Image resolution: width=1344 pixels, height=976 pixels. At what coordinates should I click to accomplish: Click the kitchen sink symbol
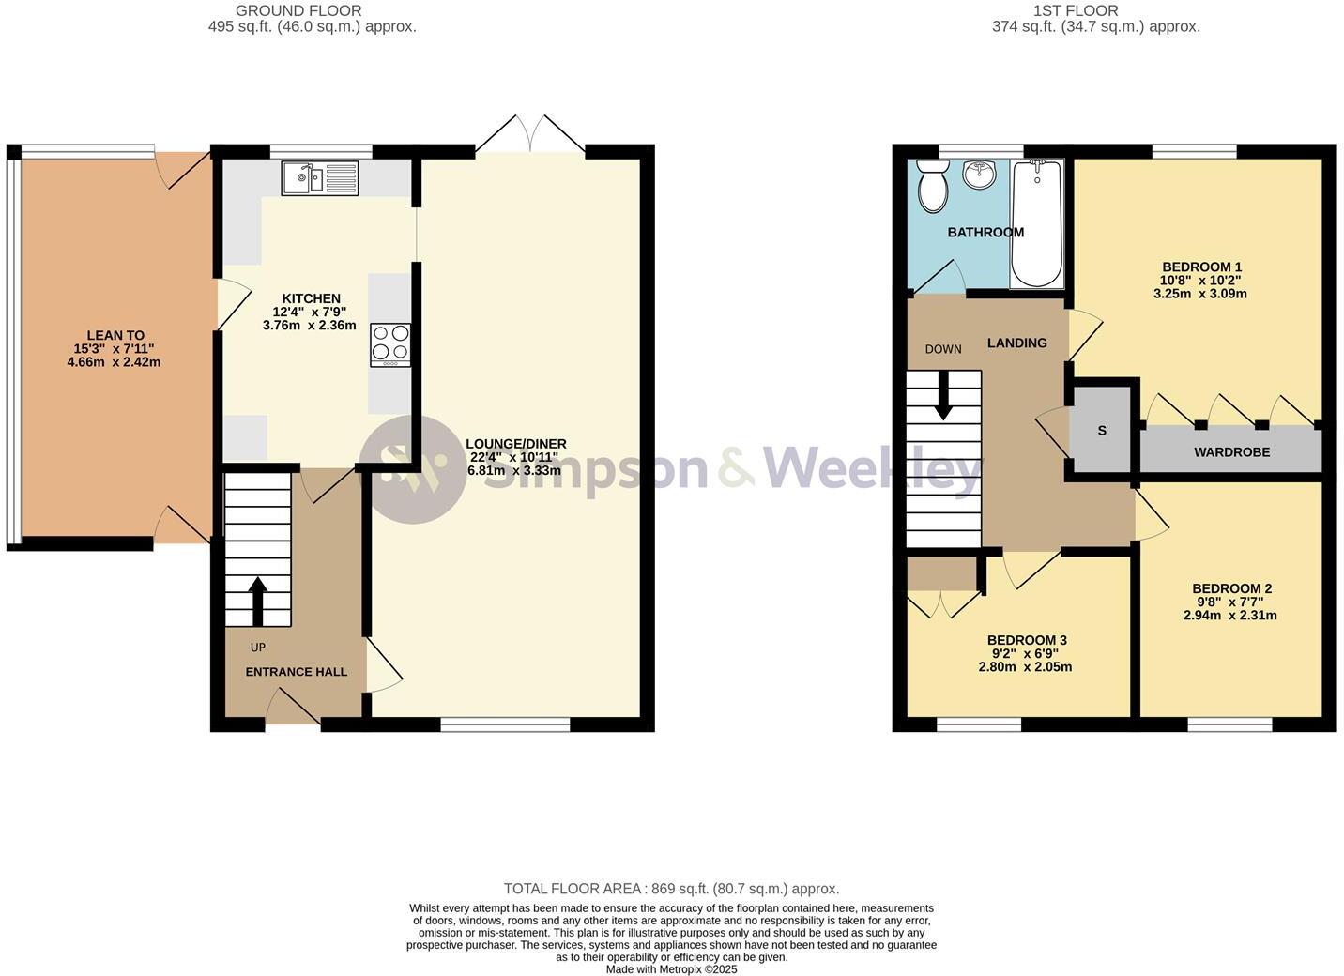point(319,178)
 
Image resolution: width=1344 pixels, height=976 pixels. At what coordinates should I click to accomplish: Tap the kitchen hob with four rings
point(390,344)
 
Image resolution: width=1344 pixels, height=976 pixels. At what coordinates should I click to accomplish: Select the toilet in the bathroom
point(932,185)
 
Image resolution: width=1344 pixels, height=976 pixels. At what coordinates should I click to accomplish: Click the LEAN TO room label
point(115,335)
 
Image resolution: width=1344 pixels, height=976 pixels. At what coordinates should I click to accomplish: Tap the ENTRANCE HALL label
point(296,672)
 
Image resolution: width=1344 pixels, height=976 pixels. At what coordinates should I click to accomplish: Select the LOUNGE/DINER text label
point(515,444)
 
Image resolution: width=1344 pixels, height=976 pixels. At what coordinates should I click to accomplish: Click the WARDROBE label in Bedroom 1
point(1231,452)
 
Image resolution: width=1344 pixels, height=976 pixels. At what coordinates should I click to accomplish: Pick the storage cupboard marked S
point(1102,431)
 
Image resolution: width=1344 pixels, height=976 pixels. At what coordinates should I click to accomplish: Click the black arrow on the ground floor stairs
point(257,601)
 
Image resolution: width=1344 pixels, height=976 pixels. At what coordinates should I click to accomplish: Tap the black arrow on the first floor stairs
point(943,396)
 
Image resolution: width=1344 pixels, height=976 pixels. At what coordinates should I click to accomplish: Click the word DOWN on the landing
point(943,349)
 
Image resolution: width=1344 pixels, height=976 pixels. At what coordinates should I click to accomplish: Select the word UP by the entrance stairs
point(257,648)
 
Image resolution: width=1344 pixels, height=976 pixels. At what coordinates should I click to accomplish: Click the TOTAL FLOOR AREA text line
point(671,889)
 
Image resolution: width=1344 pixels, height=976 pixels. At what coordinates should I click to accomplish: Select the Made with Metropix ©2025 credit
point(671,969)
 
